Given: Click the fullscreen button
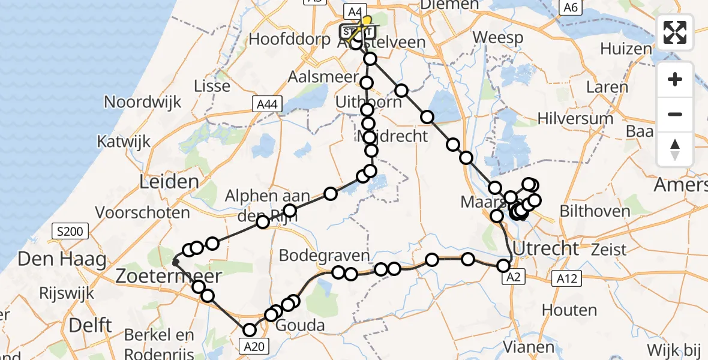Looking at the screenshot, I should point(675,32).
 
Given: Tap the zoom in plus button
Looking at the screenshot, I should point(675,79).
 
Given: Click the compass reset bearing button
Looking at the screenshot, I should point(675,149).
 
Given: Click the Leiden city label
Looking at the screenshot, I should point(169,182).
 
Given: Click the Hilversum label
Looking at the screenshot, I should point(575,118).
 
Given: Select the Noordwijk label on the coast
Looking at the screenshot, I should point(142,101).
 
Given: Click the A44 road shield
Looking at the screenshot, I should point(264,105).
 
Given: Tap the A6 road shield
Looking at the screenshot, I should point(570,7).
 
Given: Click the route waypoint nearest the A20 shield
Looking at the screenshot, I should point(249,329).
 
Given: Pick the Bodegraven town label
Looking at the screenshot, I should point(324,256).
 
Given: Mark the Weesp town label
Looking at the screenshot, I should point(497,37).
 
